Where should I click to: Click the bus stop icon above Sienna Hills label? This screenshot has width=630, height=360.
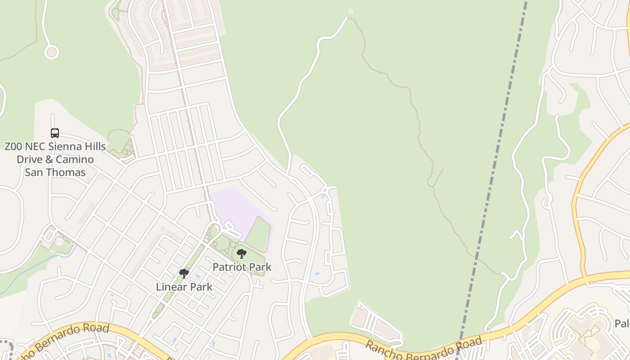[x=55, y=133]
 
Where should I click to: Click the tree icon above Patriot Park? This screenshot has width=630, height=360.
[x=242, y=254]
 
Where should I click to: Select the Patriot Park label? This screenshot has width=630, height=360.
[x=242, y=267]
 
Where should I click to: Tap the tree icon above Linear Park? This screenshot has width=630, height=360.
[x=184, y=273]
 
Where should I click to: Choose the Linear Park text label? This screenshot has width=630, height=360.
[x=184, y=287]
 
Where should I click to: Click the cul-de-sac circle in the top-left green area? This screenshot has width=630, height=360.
[x=51, y=52]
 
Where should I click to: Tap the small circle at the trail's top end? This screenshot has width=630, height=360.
[x=351, y=12]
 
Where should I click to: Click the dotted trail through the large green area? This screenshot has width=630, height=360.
[x=418, y=121]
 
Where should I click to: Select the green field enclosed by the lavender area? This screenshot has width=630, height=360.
[x=259, y=234]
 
